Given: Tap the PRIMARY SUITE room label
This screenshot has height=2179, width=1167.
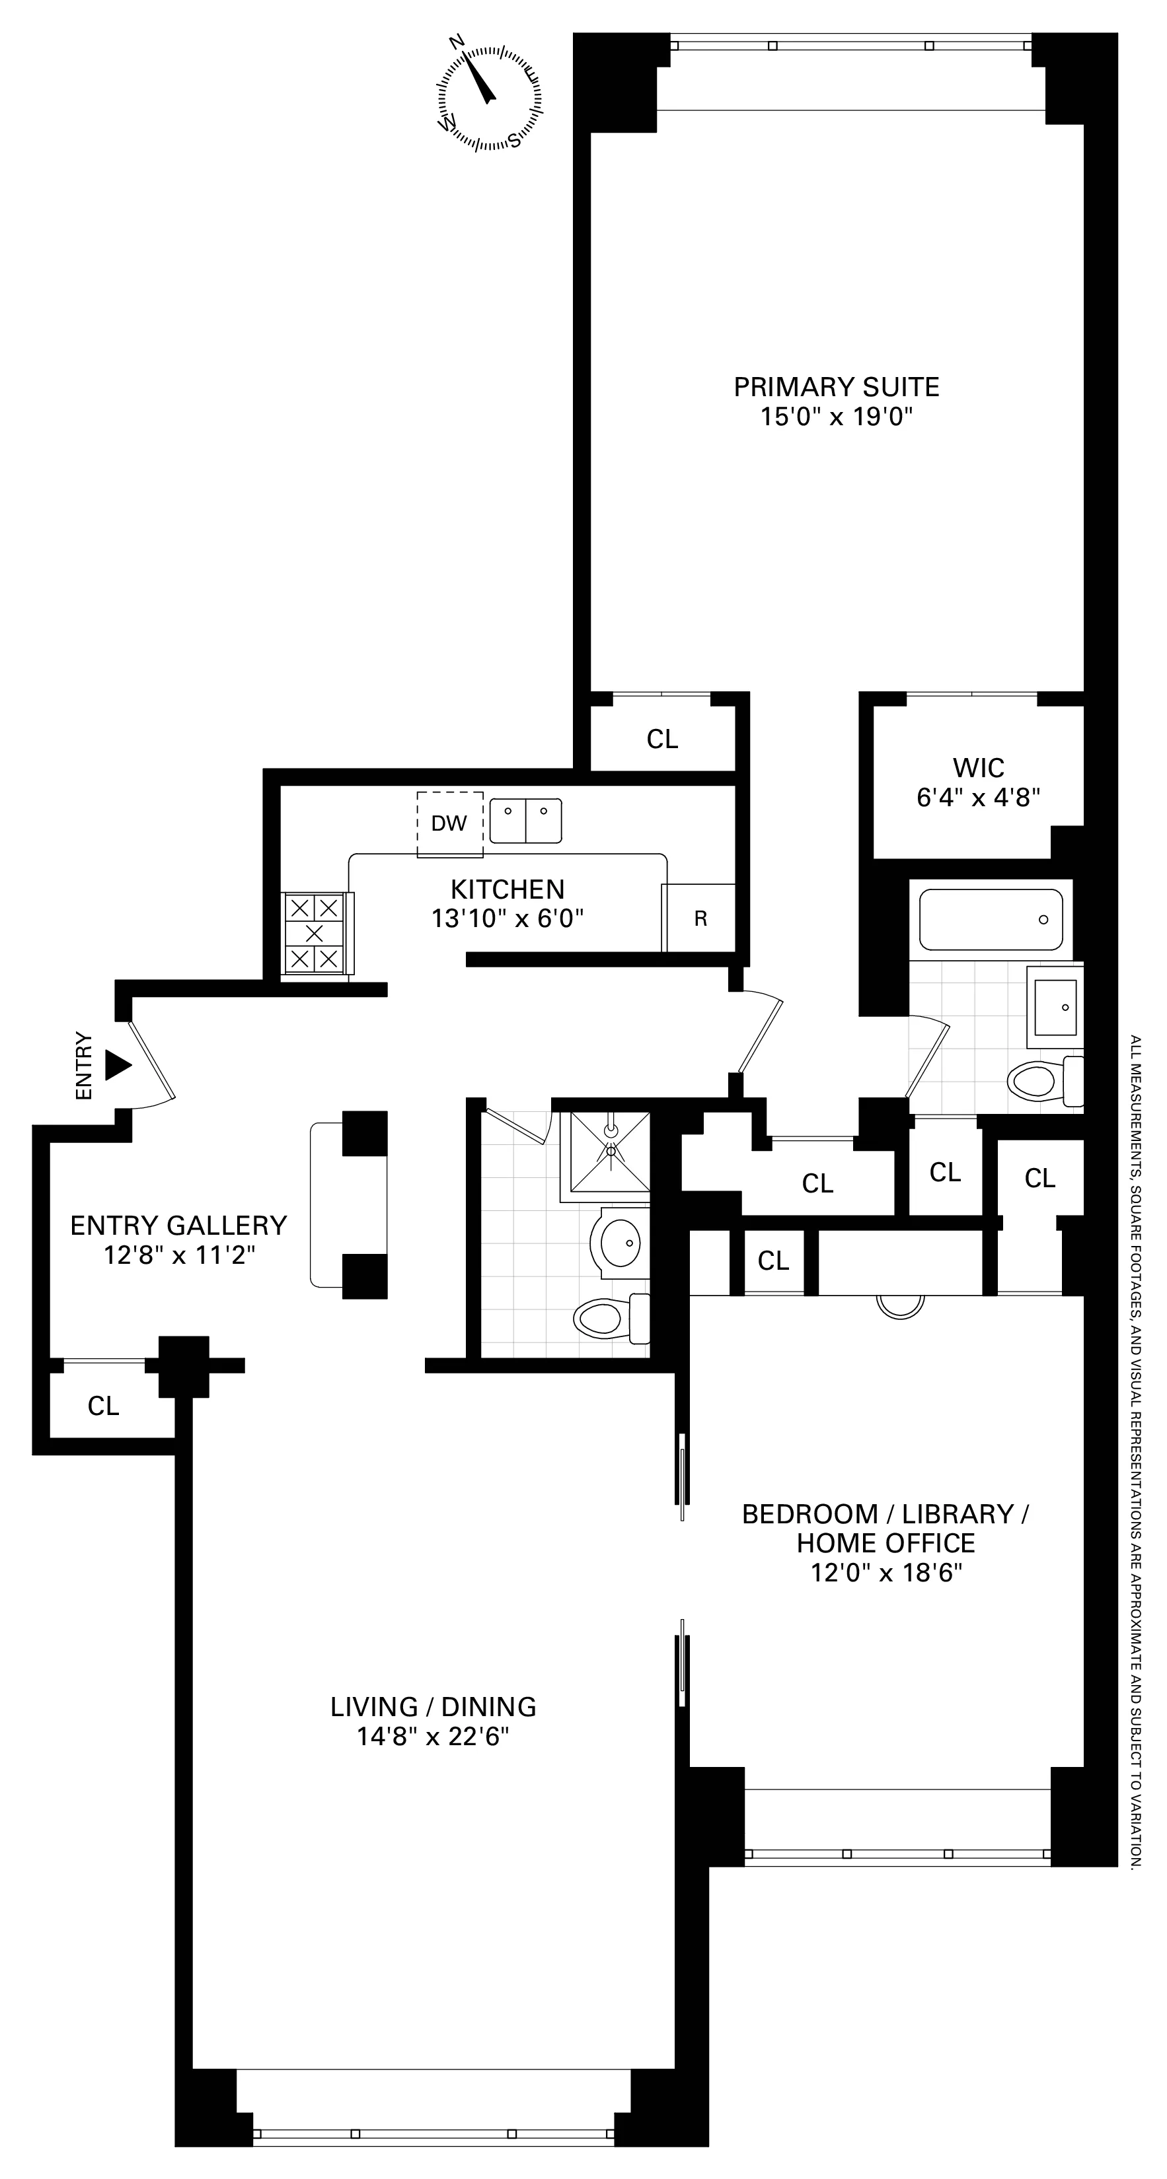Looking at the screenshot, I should coord(836,388).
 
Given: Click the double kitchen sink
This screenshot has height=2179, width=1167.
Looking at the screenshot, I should coord(525,821).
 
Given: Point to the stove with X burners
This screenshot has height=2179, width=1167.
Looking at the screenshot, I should coord(315,934).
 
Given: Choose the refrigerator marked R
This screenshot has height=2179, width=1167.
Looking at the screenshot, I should coord(700,918).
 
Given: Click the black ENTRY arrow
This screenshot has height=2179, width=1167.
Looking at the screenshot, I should coord(118,1065).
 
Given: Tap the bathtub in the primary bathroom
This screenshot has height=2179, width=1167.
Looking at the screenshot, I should coord(990,920).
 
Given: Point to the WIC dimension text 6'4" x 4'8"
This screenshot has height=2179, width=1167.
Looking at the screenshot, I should coord(977,797).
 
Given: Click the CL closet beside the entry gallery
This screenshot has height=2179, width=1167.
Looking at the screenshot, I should coord(103,1406).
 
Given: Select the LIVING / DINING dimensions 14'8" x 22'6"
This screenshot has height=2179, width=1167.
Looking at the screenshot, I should coord(433,1737).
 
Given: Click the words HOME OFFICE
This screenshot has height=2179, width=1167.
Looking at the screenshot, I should coord(885,1543).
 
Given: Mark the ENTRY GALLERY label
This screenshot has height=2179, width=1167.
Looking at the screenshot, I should coord(178,1226).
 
